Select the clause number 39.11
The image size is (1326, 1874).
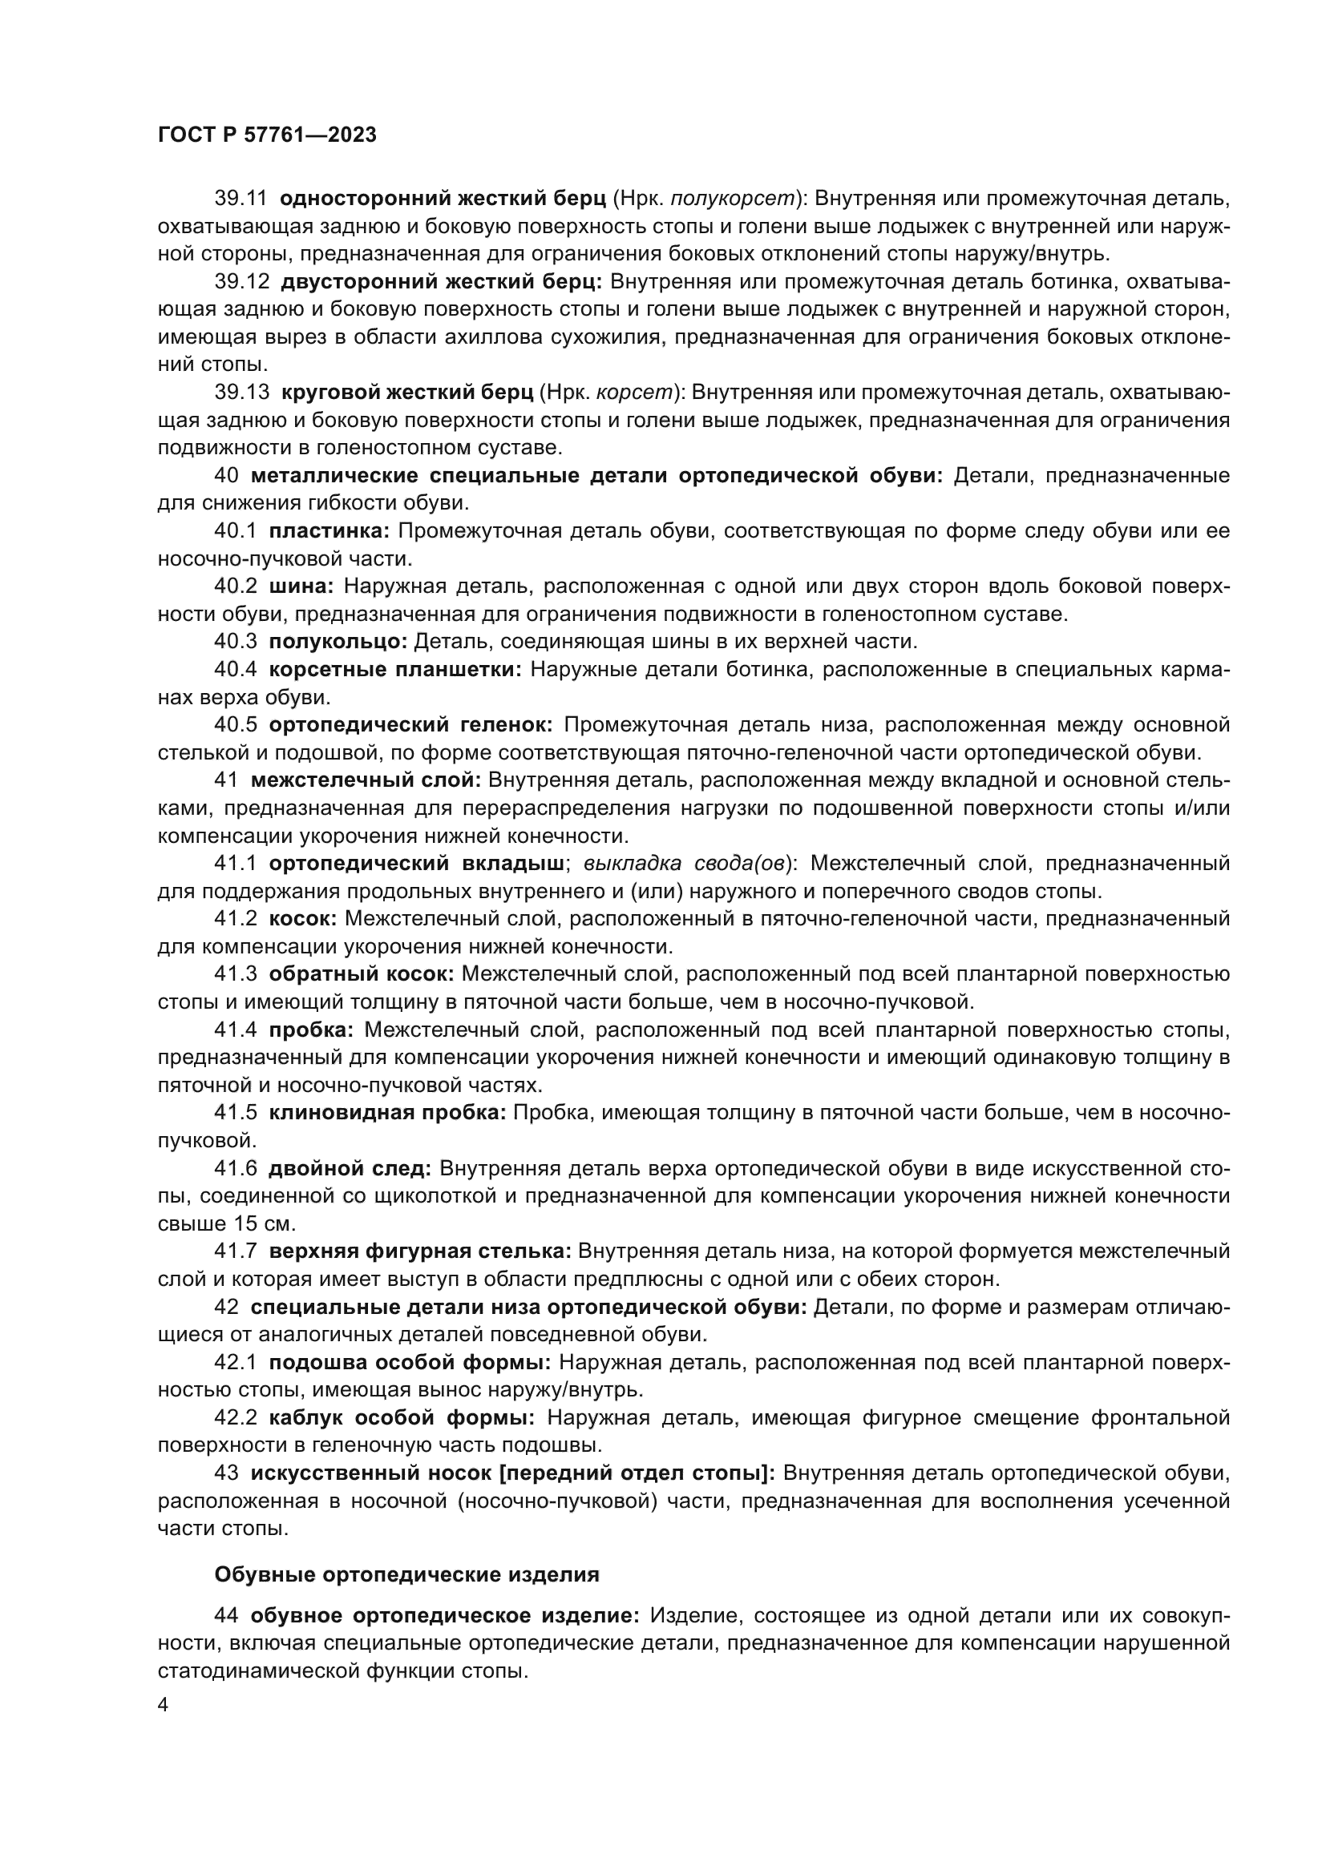(241, 199)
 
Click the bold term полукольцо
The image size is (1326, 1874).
(338, 642)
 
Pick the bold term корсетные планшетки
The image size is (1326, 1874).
(395, 670)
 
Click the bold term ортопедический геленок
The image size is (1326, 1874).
(410, 725)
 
